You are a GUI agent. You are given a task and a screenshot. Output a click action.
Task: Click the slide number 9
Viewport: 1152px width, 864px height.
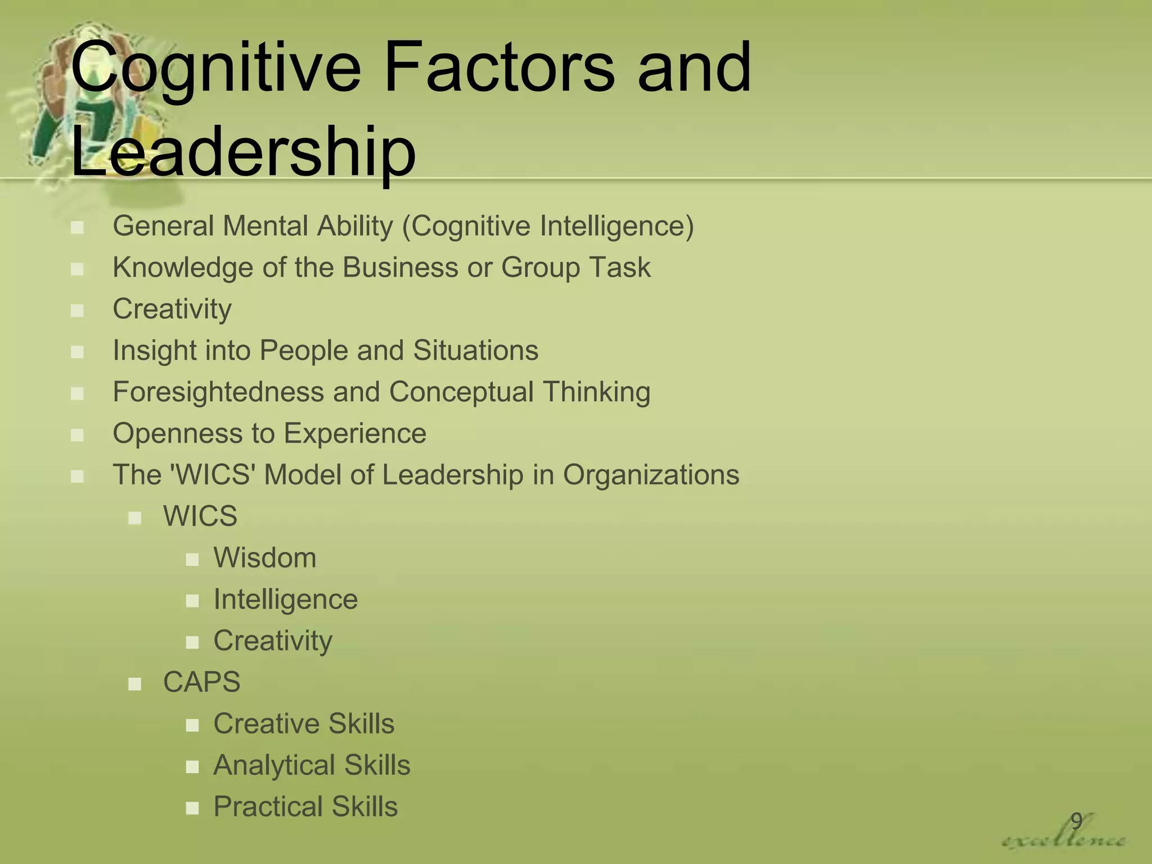coord(1076,821)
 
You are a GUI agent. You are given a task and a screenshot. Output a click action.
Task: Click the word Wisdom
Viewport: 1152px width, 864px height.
coord(265,558)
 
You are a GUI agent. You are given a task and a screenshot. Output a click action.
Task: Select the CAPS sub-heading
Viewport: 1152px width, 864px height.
coord(201,682)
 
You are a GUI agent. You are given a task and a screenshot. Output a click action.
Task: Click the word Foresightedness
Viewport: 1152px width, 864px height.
coord(218,392)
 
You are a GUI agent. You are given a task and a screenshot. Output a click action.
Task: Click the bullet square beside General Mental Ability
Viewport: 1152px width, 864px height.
coord(78,228)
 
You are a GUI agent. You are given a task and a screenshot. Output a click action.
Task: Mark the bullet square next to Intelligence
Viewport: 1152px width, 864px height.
coord(192,601)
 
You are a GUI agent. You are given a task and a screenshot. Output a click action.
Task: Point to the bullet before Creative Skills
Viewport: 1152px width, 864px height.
coord(192,725)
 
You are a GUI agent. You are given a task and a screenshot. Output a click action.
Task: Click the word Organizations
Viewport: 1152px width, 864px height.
coord(651,475)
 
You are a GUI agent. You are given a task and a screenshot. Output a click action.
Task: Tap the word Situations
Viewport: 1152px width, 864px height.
coord(476,350)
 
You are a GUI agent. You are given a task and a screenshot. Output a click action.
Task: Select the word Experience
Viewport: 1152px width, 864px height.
coord(355,434)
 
